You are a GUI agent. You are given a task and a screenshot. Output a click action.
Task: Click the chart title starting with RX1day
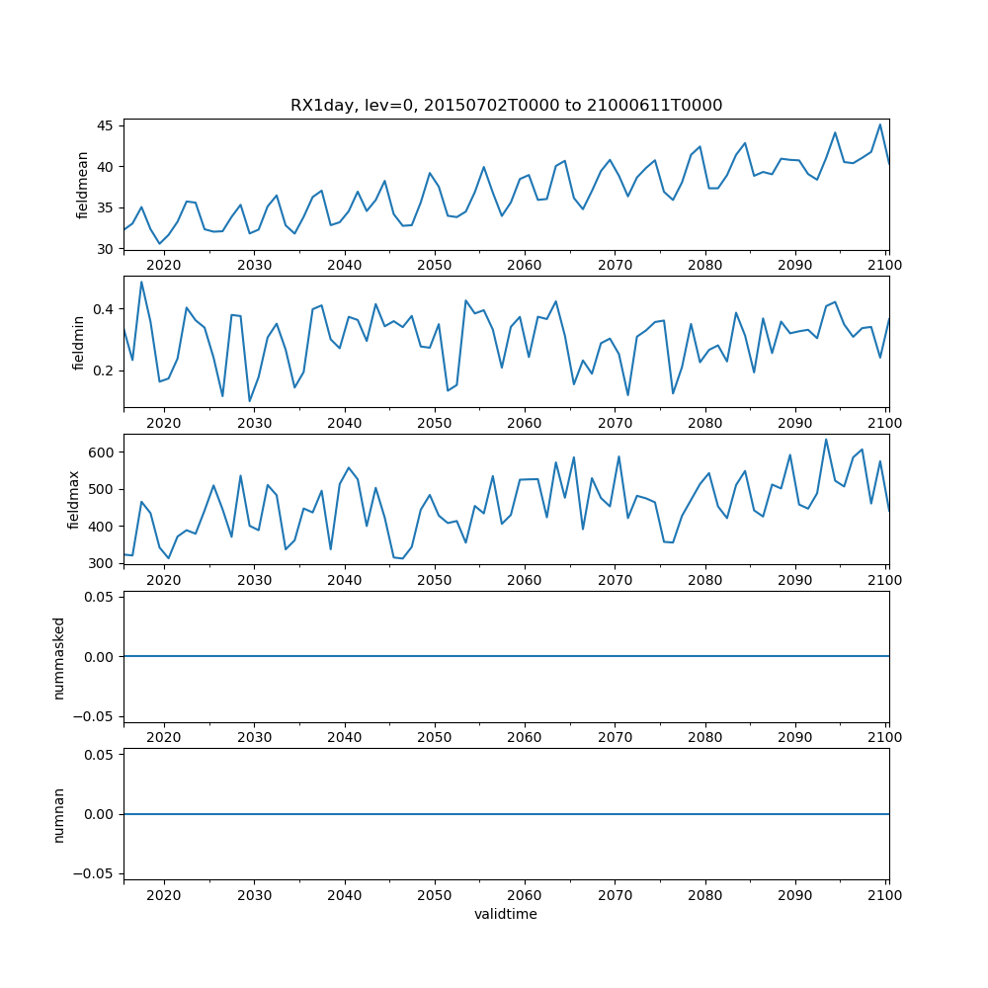pos(506,106)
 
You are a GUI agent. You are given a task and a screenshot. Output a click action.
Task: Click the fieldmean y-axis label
pos(83,185)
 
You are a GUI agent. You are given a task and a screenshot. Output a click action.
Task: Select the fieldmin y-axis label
pos(79,342)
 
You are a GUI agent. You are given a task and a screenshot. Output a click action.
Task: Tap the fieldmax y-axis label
pos(73,499)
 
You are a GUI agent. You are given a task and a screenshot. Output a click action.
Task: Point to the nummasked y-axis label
pos(59,656)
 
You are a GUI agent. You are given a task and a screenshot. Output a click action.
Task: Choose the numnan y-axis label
pos(59,814)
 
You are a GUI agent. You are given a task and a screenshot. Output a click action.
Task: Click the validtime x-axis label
pos(506,915)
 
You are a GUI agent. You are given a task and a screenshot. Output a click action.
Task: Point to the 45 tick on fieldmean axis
pos(105,126)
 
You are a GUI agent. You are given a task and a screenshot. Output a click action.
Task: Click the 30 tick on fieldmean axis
pos(105,249)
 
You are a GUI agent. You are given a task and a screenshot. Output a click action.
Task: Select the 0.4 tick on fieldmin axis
pos(102,309)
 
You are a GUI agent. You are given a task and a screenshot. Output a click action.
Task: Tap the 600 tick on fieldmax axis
pos(101,453)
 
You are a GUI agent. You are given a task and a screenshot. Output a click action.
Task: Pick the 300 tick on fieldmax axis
pos(101,563)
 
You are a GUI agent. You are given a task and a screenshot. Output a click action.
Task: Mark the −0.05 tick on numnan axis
pos(95,873)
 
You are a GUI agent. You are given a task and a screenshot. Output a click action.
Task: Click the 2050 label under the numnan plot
pos(434,895)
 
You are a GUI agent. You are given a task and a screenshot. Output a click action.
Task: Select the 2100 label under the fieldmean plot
pos(885,266)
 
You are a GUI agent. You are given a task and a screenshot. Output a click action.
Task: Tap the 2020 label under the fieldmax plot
pos(164,580)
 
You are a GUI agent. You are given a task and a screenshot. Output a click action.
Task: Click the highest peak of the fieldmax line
pos(826,440)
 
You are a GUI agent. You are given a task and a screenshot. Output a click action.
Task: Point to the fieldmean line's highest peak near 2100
pos(880,124)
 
